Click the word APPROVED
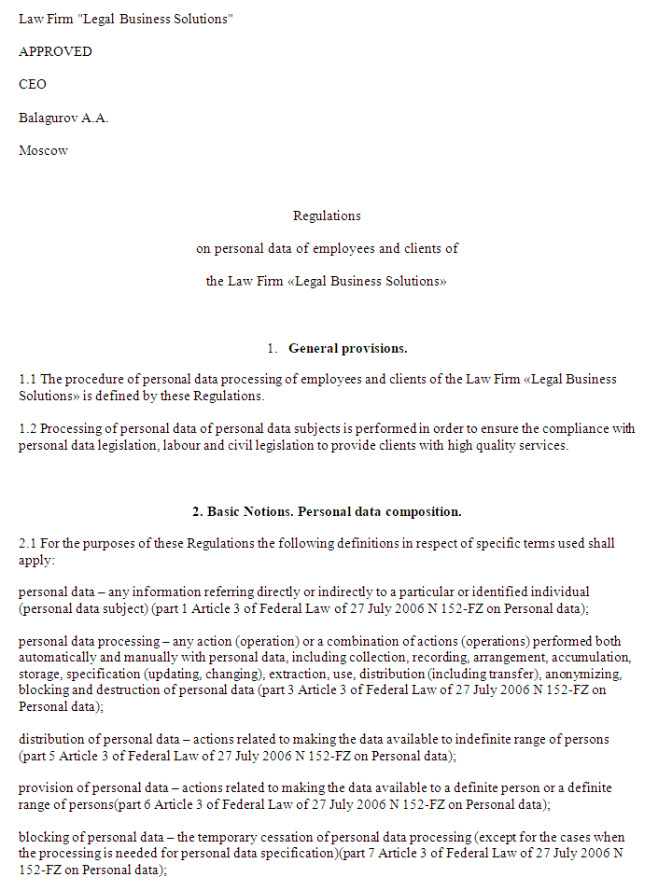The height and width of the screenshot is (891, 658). click(x=55, y=52)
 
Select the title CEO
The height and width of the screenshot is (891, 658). click(x=33, y=85)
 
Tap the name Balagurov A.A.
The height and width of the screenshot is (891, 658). click(x=63, y=118)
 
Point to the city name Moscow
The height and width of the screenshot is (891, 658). click(x=43, y=151)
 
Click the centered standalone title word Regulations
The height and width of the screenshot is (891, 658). click(x=327, y=216)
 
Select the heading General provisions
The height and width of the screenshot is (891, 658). click(x=347, y=349)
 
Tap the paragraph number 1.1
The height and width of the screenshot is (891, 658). click(x=27, y=381)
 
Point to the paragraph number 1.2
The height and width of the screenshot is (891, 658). click(x=27, y=429)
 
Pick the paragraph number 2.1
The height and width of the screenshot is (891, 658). click(x=27, y=544)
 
